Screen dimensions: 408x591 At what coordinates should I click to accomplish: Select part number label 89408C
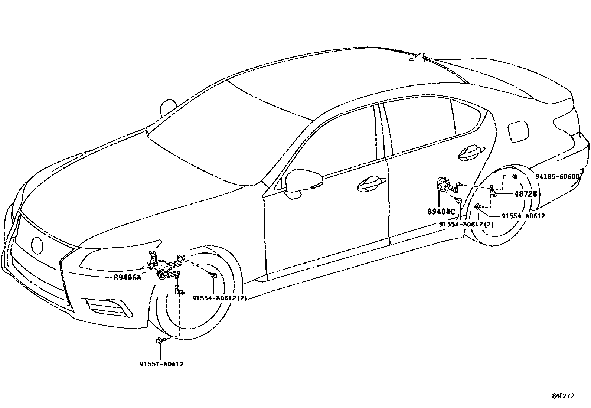[441, 212]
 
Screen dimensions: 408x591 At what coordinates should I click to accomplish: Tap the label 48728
[525, 194]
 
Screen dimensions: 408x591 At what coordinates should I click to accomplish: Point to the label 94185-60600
[557, 177]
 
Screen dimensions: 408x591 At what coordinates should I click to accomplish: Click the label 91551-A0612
[161, 364]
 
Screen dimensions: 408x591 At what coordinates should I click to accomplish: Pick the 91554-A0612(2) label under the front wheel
[219, 298]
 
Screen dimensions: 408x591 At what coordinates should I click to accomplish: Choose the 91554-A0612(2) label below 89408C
[466, 224]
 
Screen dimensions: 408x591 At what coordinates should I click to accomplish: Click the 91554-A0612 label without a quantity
[523, 216]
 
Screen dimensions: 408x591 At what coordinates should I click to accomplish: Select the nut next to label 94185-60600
[515, 176]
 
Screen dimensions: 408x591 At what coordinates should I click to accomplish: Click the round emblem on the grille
[37, 245]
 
